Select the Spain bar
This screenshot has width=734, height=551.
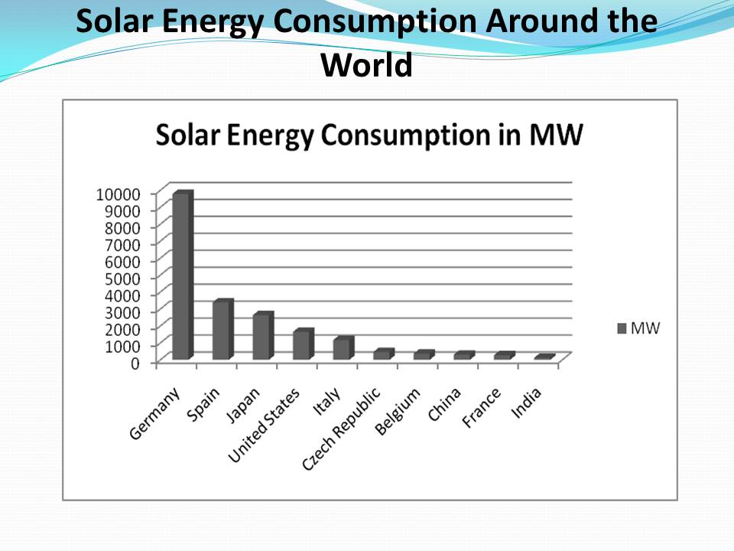[x=222, y=331]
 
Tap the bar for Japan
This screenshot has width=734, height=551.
[x=261, y=337]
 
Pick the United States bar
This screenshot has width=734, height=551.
[x=302, y=345]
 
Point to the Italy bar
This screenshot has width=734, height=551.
[x=342, y=349]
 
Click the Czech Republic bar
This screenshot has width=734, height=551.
[x=382, y=354]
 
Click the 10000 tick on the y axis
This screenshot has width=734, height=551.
[x=118, y=194]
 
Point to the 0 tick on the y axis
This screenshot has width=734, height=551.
[x=135, y=362]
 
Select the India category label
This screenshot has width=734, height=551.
[x=527, y=403]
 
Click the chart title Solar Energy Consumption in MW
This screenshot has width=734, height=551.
[x=369, y=135]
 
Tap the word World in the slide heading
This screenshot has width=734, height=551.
[x=367, y=64]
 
